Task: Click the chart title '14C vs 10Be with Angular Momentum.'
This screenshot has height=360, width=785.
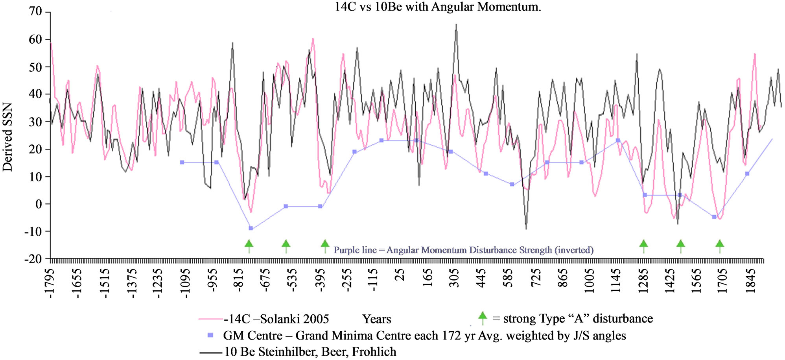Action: [437, 7]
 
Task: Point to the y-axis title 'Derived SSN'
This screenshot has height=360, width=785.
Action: [8, 137]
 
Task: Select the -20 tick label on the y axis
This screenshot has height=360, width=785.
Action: [33, 259]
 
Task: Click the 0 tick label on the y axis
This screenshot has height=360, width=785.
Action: [39, 204]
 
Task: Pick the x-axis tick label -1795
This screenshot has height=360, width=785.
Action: [50, 283]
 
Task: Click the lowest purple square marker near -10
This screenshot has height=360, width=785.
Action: [251, 228]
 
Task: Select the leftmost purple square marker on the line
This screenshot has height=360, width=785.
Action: [182, 162]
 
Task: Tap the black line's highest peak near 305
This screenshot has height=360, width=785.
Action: [456, 25]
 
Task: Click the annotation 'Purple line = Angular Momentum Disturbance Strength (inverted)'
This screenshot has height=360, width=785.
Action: [463, 250]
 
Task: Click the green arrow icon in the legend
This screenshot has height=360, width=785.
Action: [483, 317]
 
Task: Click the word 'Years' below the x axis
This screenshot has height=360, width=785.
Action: [376, 319]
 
